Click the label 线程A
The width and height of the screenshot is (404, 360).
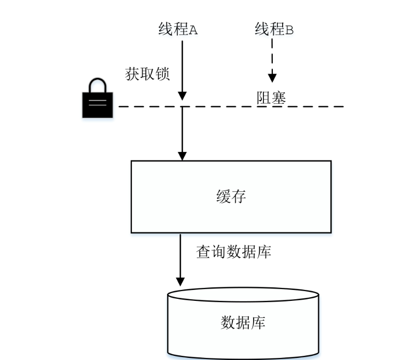pyautogui.click(x=178, y=30)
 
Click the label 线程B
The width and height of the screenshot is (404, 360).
pyautogui.click(x=274, y=30)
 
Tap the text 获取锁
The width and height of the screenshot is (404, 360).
pyautogui.click(x=147, y=74)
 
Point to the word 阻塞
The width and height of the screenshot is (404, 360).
pyautogui.click(x=271, y=98)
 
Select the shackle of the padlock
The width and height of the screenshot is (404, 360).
pyautogui.click(x=97, y=85)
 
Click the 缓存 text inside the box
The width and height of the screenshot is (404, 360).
pyautogui.click(x=231, y=197)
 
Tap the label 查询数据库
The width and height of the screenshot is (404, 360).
pyautogui.click(x=233, y=252)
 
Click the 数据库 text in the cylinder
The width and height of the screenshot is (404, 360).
pyautogui.click(x=243, y=322)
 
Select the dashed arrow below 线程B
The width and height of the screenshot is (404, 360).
pyautogui.click(x=272, y=60)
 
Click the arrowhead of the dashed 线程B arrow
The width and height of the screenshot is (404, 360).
pyautogui.click(x=272, y=78)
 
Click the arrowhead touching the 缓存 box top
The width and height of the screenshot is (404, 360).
pyautogui.click(x=182, y=156)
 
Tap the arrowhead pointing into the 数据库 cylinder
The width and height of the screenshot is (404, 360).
pyautogui.click(x=180, y=281)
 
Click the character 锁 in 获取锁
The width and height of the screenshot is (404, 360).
pyautogui.click(x=162, y=74)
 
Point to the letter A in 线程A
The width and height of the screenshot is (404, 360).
pyautogui.click(x=193, y=30)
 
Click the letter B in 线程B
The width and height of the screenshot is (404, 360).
pyautogui.click(x=289, y=30)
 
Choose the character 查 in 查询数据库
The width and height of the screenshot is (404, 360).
pyautogui.click(x=203, y=252)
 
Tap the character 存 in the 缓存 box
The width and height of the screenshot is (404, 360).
pyautogui.click(x=239, y=197)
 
